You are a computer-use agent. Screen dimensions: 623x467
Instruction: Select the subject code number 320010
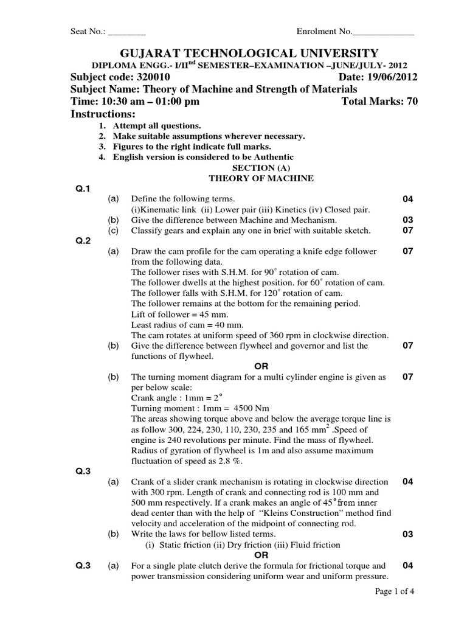pos(150,77)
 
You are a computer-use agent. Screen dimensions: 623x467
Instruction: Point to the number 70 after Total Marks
pos(412,102)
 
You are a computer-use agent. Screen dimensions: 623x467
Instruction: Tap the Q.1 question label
pos(82,189)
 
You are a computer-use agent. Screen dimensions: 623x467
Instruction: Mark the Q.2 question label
pos(82,240)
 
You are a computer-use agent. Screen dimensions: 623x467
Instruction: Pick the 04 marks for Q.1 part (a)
pos(408,200)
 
